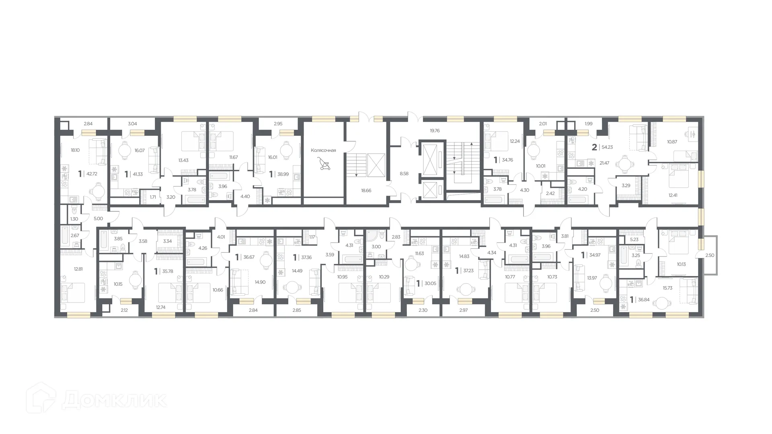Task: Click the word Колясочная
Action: (x=323, y=150)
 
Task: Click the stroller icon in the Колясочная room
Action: (x=323, y=164)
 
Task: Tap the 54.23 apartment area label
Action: (x=607, y=147)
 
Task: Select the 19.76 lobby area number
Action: (x=435, y=131)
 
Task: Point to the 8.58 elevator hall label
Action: (x=404, y=174)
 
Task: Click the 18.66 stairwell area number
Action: (x=366, y=190)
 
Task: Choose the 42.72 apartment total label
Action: (x=92, y=174)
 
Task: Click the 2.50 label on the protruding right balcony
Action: (x=710, y=255)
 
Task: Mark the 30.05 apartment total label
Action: (x=430, y=283)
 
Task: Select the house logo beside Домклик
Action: (x=41, y=397)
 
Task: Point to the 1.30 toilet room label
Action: (x=74, y=219)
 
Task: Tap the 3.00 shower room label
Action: (x=376, y=247)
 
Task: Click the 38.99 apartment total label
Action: (x=283, y=174)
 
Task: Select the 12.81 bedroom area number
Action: (x=78, y=269)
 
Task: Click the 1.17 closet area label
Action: (x=312, y=237)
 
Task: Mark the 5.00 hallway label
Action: (x=98, y=219)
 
